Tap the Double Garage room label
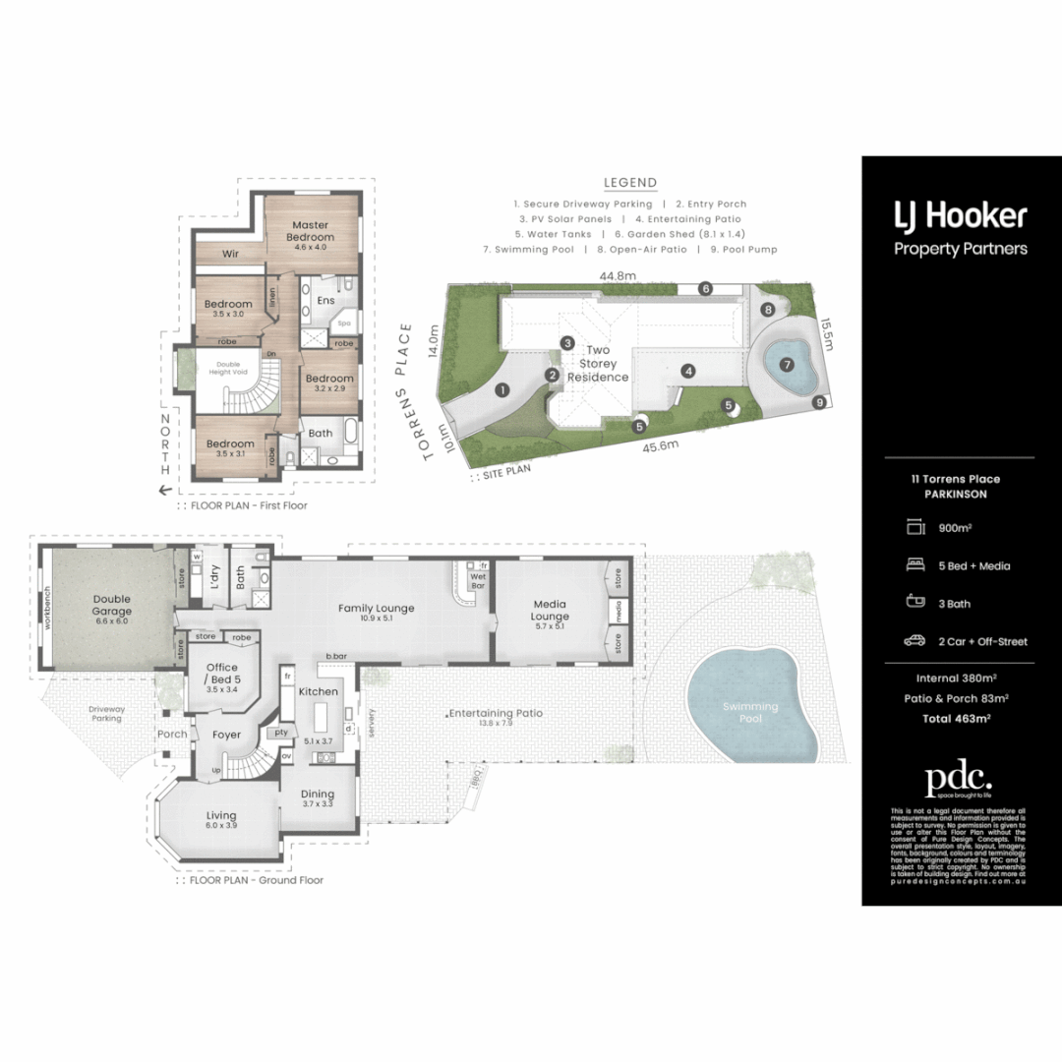[x=112, y=604]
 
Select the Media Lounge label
[x=551, y=609]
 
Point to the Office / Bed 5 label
[x=221, y=674]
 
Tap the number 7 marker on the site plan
[x=787, y=365]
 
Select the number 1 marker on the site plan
[x=501, y=390]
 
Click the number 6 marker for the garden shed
[x=705, y=288]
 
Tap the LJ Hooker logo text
[x=960, y=215]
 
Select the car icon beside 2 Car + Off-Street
[x=914, y=641]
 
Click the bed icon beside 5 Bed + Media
[x=914, y=565]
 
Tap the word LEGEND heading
[x=630, y=182]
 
